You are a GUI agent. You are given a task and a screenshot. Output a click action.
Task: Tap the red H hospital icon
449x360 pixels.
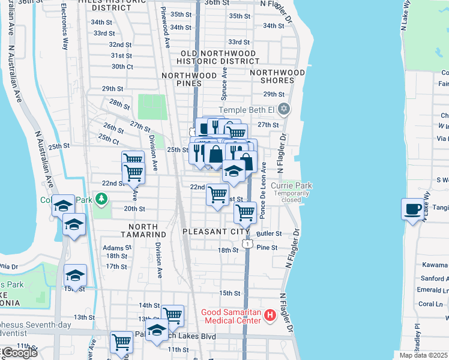[270, 314]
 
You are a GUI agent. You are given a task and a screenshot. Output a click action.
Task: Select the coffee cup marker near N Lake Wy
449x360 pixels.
[413, 209]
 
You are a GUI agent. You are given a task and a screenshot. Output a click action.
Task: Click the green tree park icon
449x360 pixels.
[101, 198]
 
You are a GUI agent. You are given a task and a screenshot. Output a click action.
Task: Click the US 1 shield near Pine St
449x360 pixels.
[247, 243]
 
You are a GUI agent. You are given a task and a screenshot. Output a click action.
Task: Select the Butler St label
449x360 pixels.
[269, 233]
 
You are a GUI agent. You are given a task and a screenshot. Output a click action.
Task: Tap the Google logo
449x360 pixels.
[19, 353]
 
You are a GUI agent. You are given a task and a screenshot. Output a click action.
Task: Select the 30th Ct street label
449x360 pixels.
[122, 67]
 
